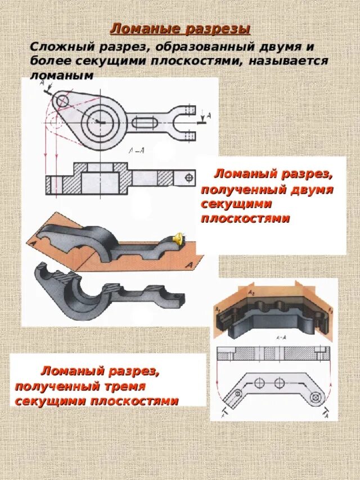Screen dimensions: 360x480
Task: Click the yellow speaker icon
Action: coord(177,239)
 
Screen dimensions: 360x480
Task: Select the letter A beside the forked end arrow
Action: coord(209,116)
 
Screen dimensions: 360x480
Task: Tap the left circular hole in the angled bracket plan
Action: coord(259,383)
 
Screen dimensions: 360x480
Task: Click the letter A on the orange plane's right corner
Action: coord(191,263)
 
